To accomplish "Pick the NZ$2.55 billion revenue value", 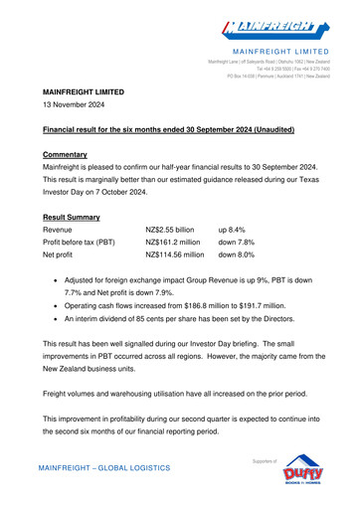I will point(176,229).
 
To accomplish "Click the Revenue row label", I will point(64,229).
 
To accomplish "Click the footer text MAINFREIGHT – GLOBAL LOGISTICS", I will point(104,467).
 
